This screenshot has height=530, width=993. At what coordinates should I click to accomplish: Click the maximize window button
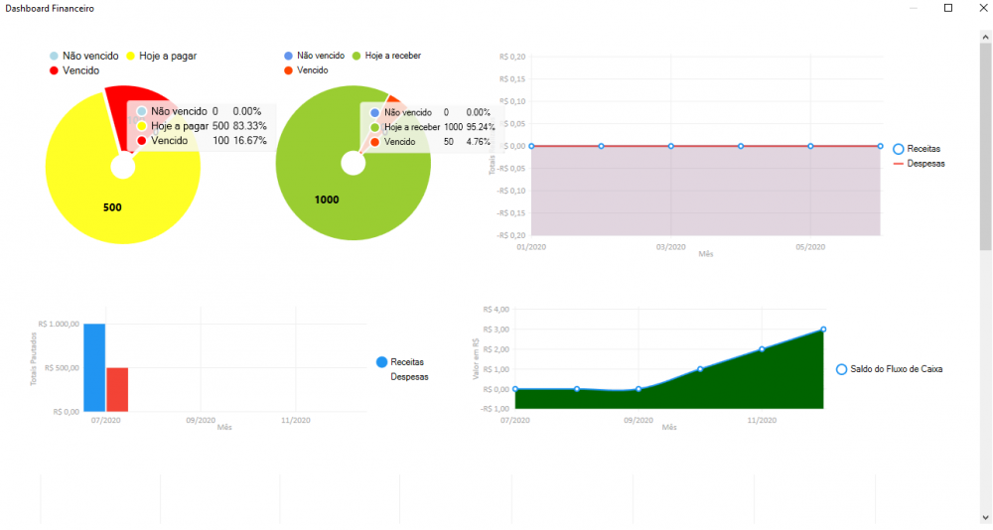tap(947, 8)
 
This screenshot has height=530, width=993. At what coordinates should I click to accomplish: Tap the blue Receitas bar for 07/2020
tap(94, 367)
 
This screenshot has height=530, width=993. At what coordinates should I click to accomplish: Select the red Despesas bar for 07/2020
tap(117, 389)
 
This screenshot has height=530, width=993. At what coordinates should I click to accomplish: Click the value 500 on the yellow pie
tap(112, 207)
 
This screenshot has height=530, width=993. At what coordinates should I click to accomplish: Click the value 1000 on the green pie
tap(327, 199)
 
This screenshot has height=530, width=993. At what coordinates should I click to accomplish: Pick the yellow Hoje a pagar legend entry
tap(161, 56)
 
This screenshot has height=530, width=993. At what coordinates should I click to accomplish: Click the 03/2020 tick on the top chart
tap(670, 247)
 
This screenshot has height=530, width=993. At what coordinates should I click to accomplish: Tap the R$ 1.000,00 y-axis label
tap(58, 324)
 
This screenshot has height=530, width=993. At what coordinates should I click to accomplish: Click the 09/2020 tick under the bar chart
tap(200, 421)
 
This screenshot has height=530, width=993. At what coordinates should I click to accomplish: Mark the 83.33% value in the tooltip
tap(248, 126)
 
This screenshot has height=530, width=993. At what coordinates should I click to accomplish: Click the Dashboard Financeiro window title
tap(51, 8)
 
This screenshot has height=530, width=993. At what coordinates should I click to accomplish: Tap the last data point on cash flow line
tap(823, 330)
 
